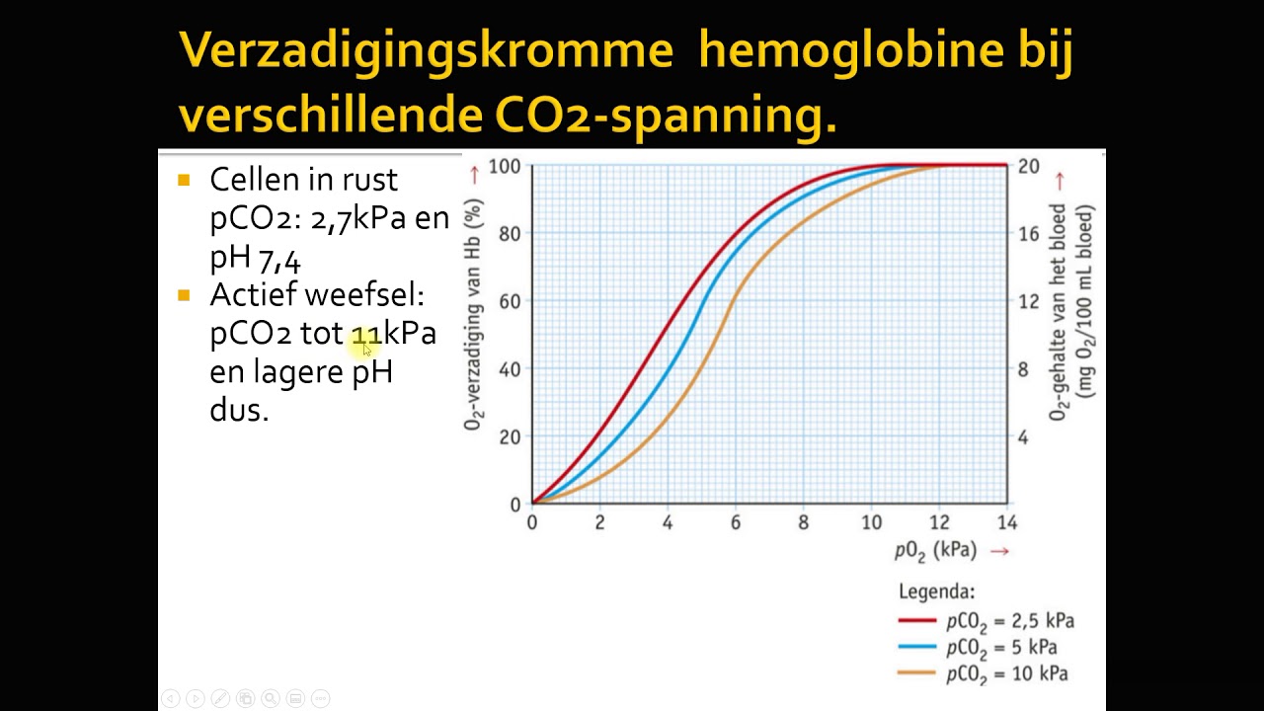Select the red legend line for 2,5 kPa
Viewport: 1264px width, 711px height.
pyautogui.click(x=916, y=621)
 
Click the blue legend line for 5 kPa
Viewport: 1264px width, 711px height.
pyautogui.click(x=916, y=648)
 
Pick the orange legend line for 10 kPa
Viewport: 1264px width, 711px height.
pyautogui.click(x=916, y=673)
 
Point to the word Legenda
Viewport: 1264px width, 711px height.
pyautogui.click(x=936, y=592)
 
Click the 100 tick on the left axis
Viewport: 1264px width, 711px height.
pyautogui.click(x=505, y=166)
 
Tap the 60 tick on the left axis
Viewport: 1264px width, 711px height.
pyautogui.click(x=509, y=301)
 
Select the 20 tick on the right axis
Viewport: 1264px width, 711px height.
pyautogui.click(x=1029, y=166)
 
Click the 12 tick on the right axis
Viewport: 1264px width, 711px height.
pyautogui.click(x=1029, y=301)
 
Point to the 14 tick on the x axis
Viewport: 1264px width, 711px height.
pyautogui.click(x=1006, y=522)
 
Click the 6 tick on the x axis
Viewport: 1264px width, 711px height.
pyautogui.click(x=736, y=522)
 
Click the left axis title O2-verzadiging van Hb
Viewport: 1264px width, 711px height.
pyautogui.click(x=475, y=314)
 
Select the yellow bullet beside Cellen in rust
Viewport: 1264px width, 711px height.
pyautogui.click(x=184, y=180)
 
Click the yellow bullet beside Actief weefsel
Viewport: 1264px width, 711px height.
pyautogui.click(x=184, y=295)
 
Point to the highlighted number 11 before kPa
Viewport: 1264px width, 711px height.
pyautogui.click(x=365, y=335)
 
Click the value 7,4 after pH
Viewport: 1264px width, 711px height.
pyautogui.click(x=279, y=259)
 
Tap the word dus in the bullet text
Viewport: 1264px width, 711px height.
pyautogui.click(x=237, y=410)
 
